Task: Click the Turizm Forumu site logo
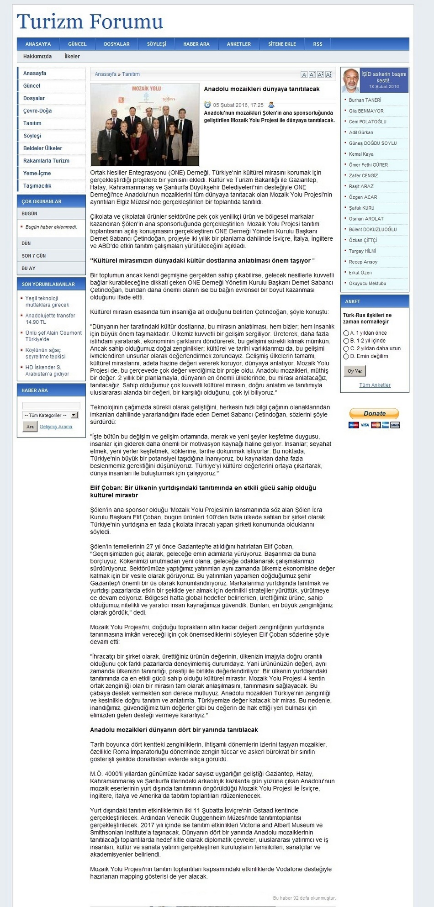tap(90, 21)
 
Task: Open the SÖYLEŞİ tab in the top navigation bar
tap(156, 44)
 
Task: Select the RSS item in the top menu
tap(318, 44)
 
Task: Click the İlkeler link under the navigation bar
tap(72, 57)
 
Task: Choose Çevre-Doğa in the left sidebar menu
tap(37, 111)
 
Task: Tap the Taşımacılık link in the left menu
tap(37, 186)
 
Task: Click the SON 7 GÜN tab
tap(34, 256)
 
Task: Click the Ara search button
tap(30, 427)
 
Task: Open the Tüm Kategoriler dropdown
tap(51, 415)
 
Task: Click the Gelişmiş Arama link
tap(56, 427)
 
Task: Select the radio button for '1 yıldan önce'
tap(346, 333)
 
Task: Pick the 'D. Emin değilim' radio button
tap(346, 356)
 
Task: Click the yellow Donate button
tap(374, 413)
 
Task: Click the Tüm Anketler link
tap(375, 385)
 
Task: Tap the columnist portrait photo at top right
tap(351, 80)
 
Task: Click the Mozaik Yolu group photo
tap(145, 125)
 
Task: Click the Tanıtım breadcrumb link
tap(131, 74)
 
